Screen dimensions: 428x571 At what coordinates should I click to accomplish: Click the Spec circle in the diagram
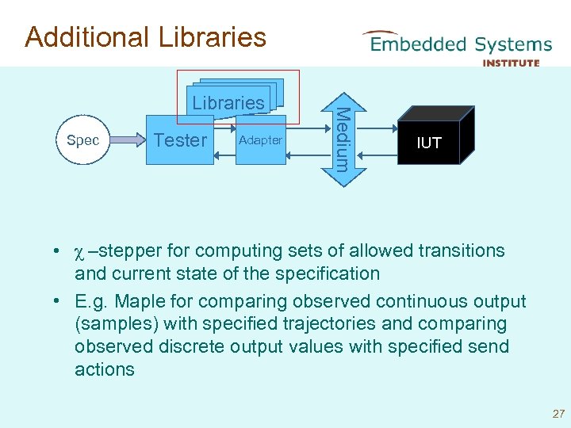point(83,141)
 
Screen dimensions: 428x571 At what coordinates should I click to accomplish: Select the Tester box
point(181,140)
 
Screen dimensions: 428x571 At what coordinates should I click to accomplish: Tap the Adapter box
point(260,140)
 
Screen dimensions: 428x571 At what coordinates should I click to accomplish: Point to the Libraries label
point(228,102)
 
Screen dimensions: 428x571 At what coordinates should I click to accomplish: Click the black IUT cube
point(429,143)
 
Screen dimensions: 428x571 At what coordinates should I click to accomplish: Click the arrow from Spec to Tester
point(127,141)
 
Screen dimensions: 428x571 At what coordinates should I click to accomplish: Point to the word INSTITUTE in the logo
point(511,63)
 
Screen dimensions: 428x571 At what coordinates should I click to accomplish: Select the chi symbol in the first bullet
point(79,251)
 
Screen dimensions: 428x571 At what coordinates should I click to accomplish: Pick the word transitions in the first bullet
point(458,251)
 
